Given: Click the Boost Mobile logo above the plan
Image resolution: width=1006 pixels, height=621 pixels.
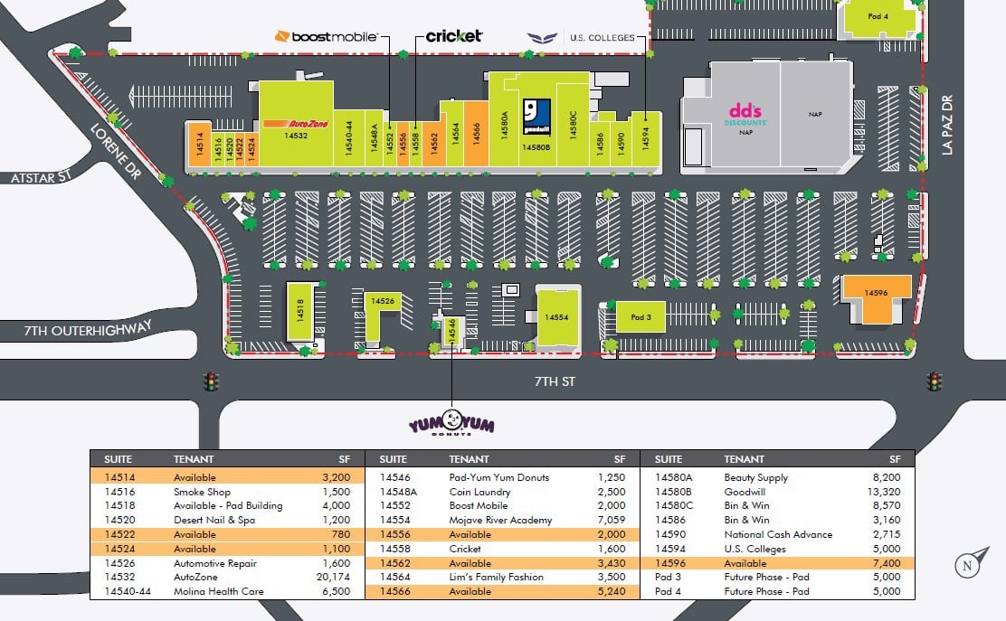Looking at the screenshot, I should (x=326, y=36).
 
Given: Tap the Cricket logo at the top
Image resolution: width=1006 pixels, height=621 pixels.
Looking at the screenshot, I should (x=454, y=36).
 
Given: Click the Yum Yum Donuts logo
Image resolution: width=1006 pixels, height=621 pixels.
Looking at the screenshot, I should (x=451, y=423).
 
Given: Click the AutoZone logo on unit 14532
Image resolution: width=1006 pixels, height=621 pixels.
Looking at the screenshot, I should (x=296, y=123).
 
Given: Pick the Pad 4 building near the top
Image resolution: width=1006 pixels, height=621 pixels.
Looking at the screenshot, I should (x=878, y=16).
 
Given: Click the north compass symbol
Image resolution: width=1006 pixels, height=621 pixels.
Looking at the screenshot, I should (x=969, y=565).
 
